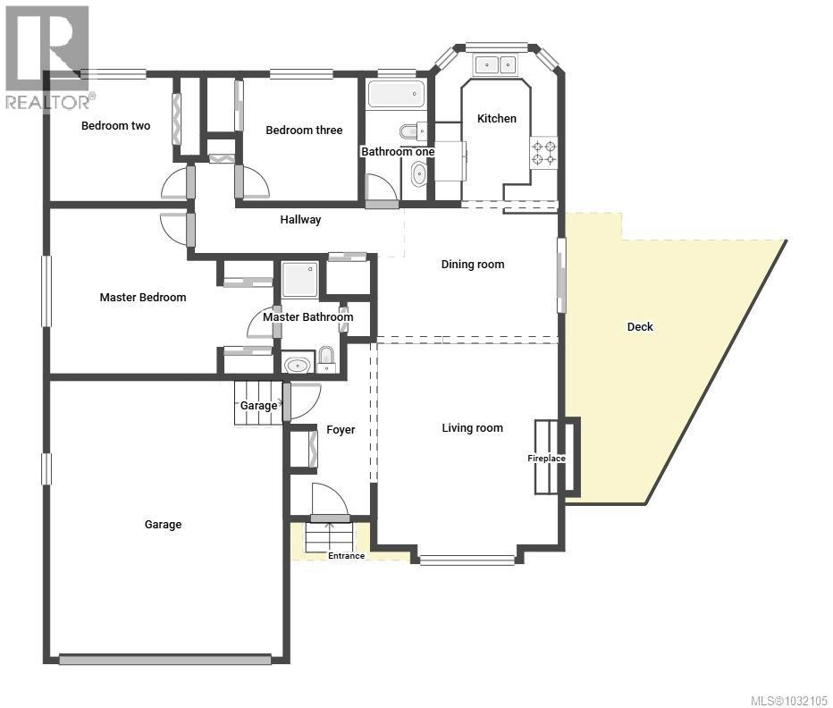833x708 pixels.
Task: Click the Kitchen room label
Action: click(x=496, y=118)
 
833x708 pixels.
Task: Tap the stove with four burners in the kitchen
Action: click(x=544, y=152)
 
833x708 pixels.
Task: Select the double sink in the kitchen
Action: click(x=495, y=64)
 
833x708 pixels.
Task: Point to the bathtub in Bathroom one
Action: click(x=396, y=94)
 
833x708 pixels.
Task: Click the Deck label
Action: click(x=640, y=326)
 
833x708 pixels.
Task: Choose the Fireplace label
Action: click(x=546, y=459)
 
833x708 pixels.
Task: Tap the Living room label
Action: click(x=472, y=428)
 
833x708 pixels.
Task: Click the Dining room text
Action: click(x=473, y=264)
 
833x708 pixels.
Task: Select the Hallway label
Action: click(x=300, y=219)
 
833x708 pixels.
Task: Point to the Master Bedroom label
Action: click(x=143, y=297)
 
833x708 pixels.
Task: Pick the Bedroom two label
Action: click(x=115, y=126)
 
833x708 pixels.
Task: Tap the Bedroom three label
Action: click(x=304, y=131)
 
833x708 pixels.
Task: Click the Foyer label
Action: click(x=341, y=430)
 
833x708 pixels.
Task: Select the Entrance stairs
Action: click(x=330, y=537)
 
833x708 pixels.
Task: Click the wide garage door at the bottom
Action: click(x=164, y=660)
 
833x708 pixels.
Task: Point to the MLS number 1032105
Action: click(x=780, y=700)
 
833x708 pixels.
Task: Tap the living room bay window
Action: click(x=467, y=560)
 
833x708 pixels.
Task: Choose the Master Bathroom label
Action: click(x=307, y=316)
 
